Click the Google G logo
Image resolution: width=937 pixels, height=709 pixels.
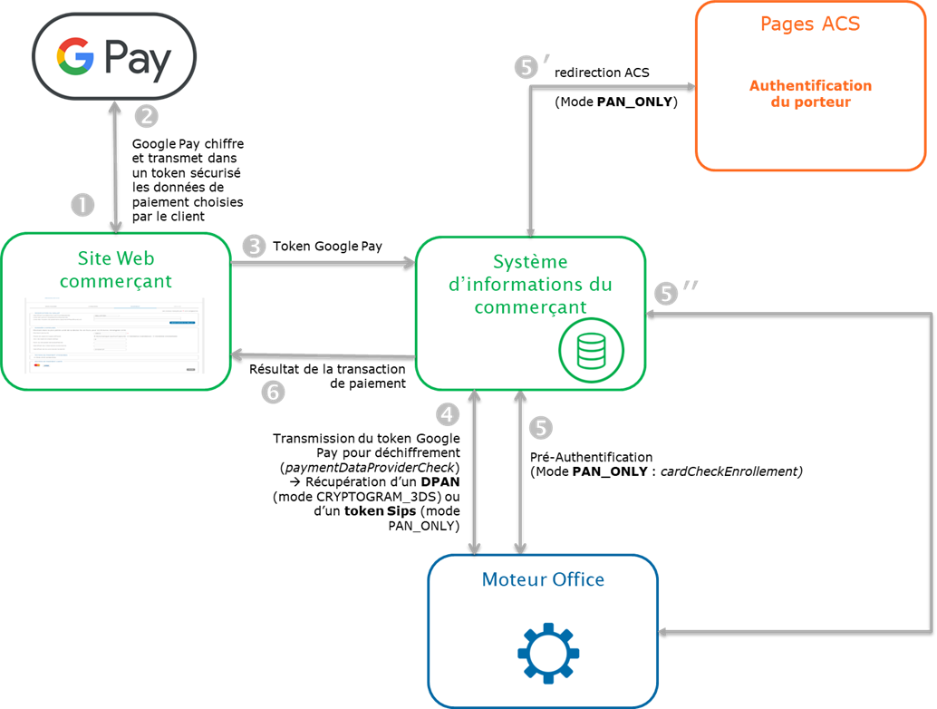[75, 59]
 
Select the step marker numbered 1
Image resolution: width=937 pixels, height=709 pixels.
[82, 205]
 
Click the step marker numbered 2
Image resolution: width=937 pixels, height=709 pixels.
[147, 116]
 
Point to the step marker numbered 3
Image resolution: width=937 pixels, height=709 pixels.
[256, 246]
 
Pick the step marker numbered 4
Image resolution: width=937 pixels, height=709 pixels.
[448, 414]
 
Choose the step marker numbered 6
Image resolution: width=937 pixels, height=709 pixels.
[273, 392]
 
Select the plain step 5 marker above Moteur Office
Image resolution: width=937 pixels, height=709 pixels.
[541, 428]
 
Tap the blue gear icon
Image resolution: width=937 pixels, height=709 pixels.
[547, 651]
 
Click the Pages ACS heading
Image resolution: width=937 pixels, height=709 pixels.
[809, 24]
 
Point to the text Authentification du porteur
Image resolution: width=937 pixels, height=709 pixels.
[809, 93]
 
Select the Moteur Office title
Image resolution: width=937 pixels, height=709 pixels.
[543, 578]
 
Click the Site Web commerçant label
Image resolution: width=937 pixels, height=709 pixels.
[115, 270]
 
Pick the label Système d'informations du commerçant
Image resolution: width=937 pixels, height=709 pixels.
[530, 284]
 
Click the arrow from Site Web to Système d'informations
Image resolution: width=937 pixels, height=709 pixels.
[322, 263]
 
